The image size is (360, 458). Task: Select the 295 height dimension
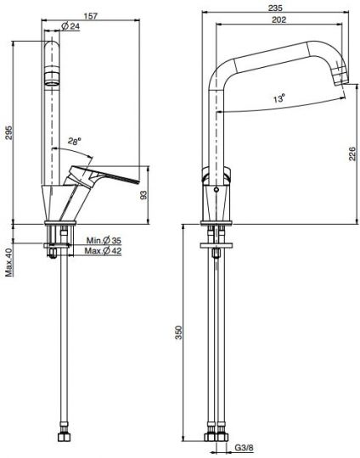8,132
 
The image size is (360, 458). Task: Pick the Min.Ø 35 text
104,242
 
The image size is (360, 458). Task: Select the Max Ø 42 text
104,252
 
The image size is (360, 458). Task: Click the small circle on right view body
217,192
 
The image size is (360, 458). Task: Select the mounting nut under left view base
55,252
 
